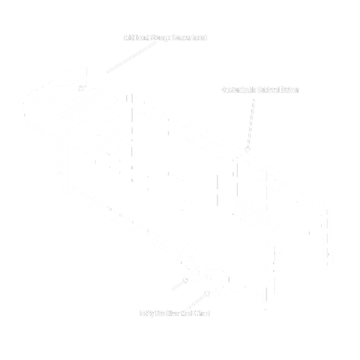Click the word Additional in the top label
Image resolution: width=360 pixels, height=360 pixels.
(137, 37)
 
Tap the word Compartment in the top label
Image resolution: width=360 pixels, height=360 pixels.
(191, 37)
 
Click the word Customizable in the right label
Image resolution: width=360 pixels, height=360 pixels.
(241, 90)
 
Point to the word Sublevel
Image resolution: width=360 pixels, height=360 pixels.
(272, 90)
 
